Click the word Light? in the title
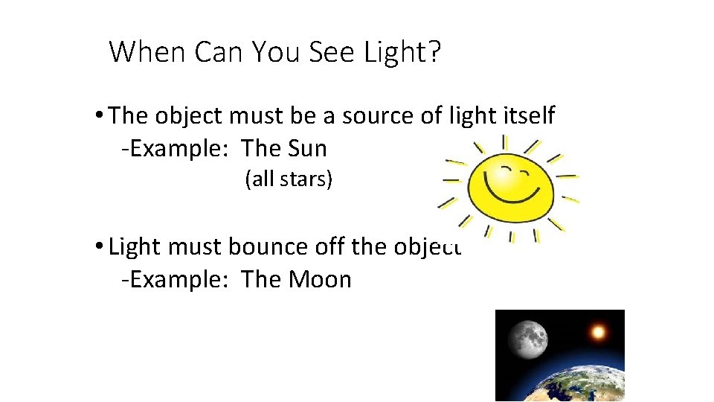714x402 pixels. point(401,52)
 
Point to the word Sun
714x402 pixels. point(306,149)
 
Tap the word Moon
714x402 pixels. point(319,280)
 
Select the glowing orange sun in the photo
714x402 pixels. point(596,331)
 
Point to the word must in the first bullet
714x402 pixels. point(257,116)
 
